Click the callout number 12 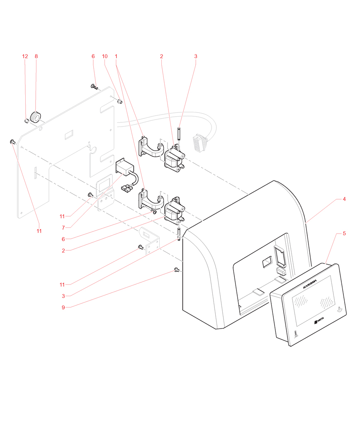click(x=25, y=56)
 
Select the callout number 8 click(x=36, y=56)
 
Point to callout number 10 click(x=105, y=56)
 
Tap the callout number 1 click(x=117, y=56)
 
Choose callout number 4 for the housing click(x=344, y=200)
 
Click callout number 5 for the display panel click(x=344, y=234)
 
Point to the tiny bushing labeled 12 click(x=26, y=121)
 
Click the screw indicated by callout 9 click(x=177, y=270)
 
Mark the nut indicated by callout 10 click(x=120, y=101)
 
